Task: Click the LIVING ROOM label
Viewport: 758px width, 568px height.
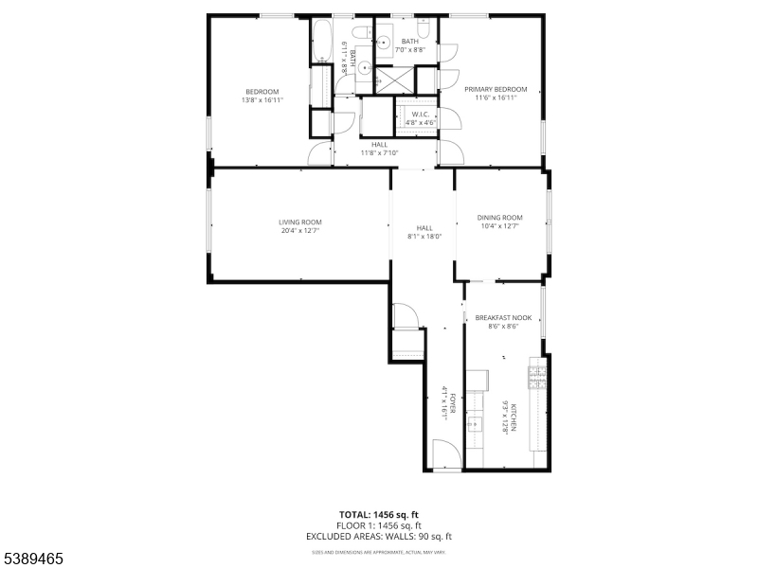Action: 299,222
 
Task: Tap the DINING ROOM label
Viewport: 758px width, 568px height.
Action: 500,218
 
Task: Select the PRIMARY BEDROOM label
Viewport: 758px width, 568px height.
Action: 496,88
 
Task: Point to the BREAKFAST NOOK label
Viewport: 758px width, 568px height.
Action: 503,318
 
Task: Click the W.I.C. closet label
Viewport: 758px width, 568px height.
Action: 420,114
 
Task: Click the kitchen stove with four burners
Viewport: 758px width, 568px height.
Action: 537,375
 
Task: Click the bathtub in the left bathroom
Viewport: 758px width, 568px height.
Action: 320,43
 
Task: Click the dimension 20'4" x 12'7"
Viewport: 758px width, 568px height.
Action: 299,230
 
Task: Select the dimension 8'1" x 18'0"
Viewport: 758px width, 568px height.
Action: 424,236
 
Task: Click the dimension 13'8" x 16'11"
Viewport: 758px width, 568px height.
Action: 262,98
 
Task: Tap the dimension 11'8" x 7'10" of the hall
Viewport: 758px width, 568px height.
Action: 379,152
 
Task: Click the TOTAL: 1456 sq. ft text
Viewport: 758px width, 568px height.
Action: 379,515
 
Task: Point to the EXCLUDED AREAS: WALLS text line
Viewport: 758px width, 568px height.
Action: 379,538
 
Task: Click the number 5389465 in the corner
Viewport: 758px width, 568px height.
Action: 32,559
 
